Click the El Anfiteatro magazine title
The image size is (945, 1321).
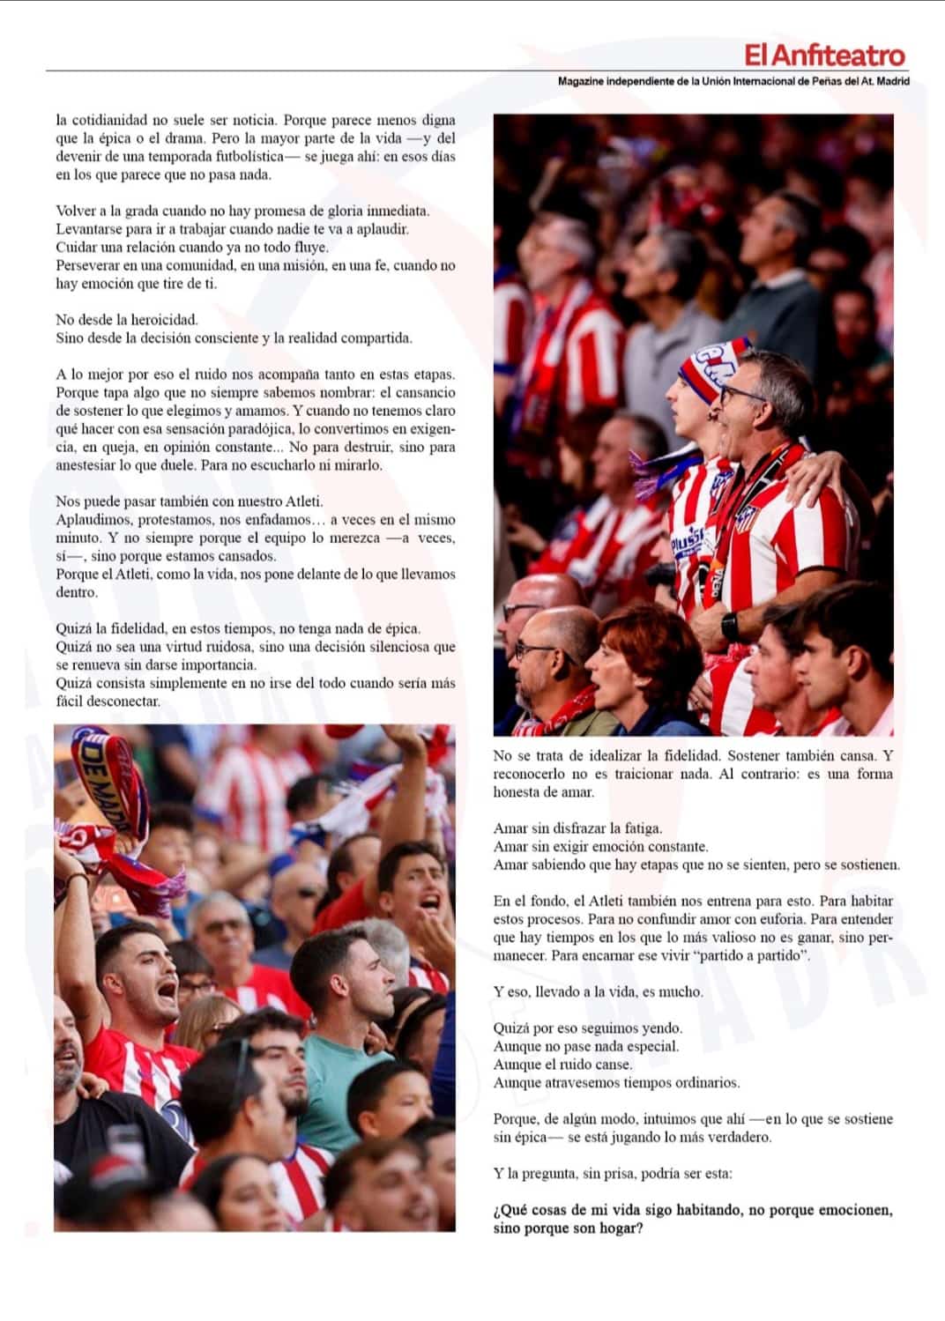824,56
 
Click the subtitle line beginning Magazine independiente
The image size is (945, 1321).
733,81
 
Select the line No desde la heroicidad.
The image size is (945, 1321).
127,320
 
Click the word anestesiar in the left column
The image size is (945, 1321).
88,465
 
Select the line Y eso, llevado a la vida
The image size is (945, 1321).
598,991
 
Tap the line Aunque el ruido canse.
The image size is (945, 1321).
562,1065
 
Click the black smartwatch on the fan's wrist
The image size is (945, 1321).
730,627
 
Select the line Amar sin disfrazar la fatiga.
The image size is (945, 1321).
577,828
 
